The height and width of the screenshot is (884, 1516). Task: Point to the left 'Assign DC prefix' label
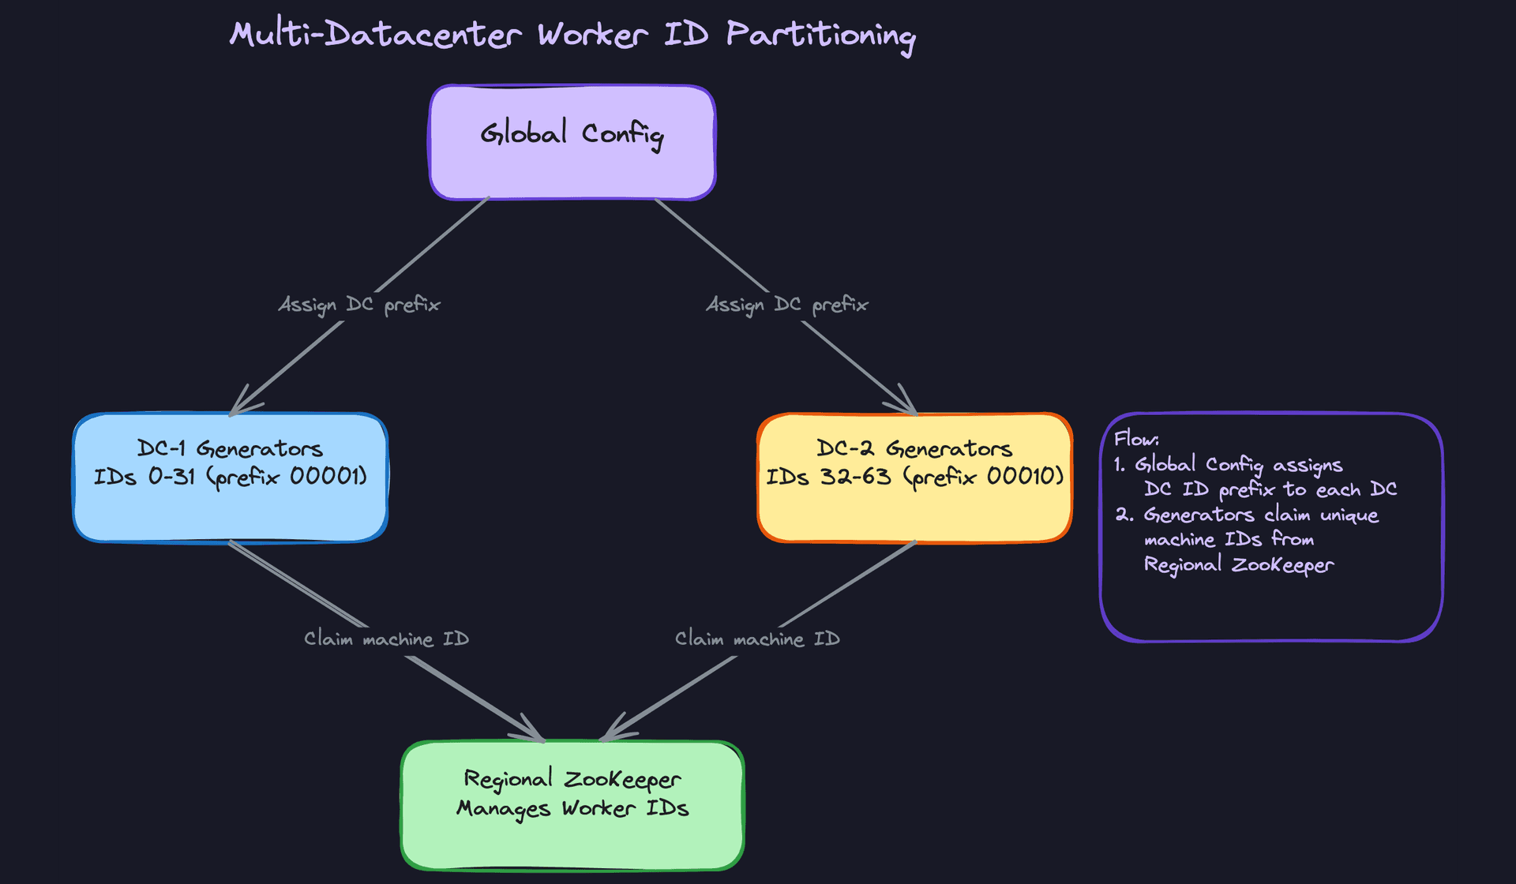[x=359, y=305]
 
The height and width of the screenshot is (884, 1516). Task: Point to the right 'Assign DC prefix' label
[x=787, y=305]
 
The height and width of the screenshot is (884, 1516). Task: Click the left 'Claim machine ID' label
[x=387, y=639]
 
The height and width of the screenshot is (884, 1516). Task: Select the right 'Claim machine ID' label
[x=757, y=639]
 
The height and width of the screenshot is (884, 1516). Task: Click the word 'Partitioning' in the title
[x=820, y=36]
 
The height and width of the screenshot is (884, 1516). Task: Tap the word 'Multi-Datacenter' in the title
[x=376, y=36]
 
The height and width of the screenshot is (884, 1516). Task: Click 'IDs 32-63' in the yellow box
[x=828, y=477]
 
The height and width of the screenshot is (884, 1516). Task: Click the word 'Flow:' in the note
[x=1136, y=440]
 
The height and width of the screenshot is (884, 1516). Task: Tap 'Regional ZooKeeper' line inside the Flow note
[x=1238, y=565]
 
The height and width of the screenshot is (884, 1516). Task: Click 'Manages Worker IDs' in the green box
[x=572, y=809]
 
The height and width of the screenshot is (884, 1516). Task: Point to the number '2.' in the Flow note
[x=1124, y=515]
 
